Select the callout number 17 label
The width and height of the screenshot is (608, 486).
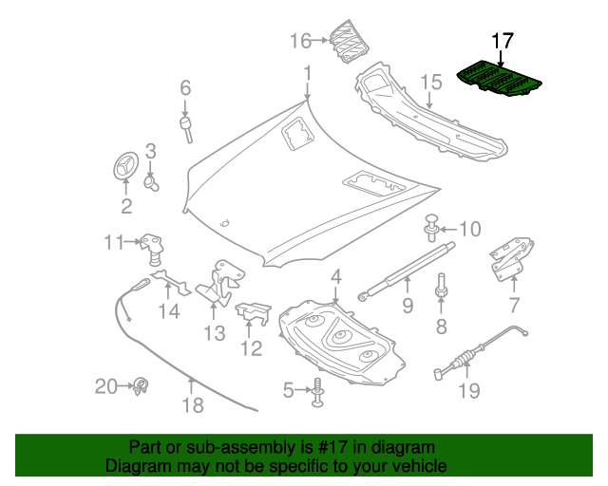coord(503,42)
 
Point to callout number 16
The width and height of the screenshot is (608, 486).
coord(300,40)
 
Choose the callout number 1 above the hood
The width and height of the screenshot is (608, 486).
coord(307,73)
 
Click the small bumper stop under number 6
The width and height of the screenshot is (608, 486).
coord(187,127)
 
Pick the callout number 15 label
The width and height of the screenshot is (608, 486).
coord(431,83)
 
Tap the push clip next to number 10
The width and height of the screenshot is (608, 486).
coord(432,228)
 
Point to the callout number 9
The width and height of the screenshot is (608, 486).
coord(407,305)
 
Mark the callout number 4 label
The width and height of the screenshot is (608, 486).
coord(335,277)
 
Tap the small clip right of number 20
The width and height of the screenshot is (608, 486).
coord(142,385)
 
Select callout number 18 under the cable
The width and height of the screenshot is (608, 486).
coord(192,405)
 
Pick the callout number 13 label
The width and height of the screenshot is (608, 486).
coord(214,333)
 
